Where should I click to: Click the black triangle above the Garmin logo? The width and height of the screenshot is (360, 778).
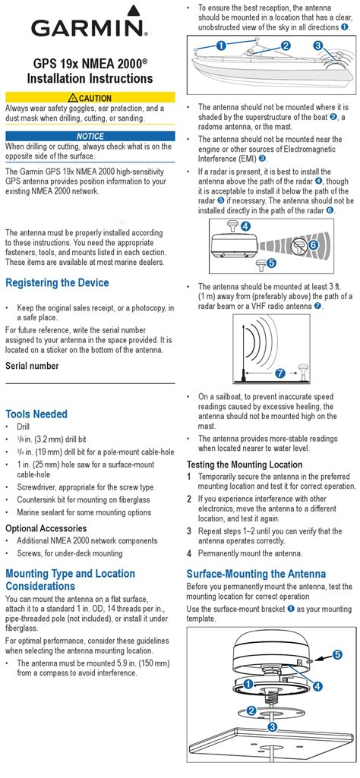pos(132,10)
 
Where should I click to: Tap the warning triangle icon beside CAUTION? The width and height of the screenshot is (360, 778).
pos(73,98)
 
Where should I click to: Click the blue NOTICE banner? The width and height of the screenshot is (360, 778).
pos(90,136)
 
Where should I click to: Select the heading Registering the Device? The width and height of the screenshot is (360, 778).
pos(57,283)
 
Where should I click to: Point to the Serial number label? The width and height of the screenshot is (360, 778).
pos(32,366)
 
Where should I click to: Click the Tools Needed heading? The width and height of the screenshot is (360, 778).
pos(36,414)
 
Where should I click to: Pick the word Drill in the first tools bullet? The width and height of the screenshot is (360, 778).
pos(24,427)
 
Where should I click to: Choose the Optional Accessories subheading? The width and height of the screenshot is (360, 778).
pos(46,528)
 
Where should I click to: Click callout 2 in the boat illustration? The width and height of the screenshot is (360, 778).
pos(286,46)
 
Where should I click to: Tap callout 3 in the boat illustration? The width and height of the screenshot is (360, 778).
pos(318,46)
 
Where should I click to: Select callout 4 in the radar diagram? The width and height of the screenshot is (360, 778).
pos(245,226)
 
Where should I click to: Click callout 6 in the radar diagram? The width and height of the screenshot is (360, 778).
pos(313,245)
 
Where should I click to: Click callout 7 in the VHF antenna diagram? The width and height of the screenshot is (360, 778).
pos(280,373)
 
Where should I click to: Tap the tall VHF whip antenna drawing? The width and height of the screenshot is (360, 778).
pos(243,352)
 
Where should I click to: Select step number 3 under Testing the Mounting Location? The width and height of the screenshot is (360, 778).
pos(189,531)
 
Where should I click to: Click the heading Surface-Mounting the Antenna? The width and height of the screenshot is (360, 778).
pos(256,574)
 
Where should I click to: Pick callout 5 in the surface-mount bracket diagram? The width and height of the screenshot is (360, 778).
pos(337,655)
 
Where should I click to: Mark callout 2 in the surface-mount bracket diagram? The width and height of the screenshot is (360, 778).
pos(251,711)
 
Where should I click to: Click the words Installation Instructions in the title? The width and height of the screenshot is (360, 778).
pos(90,78)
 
